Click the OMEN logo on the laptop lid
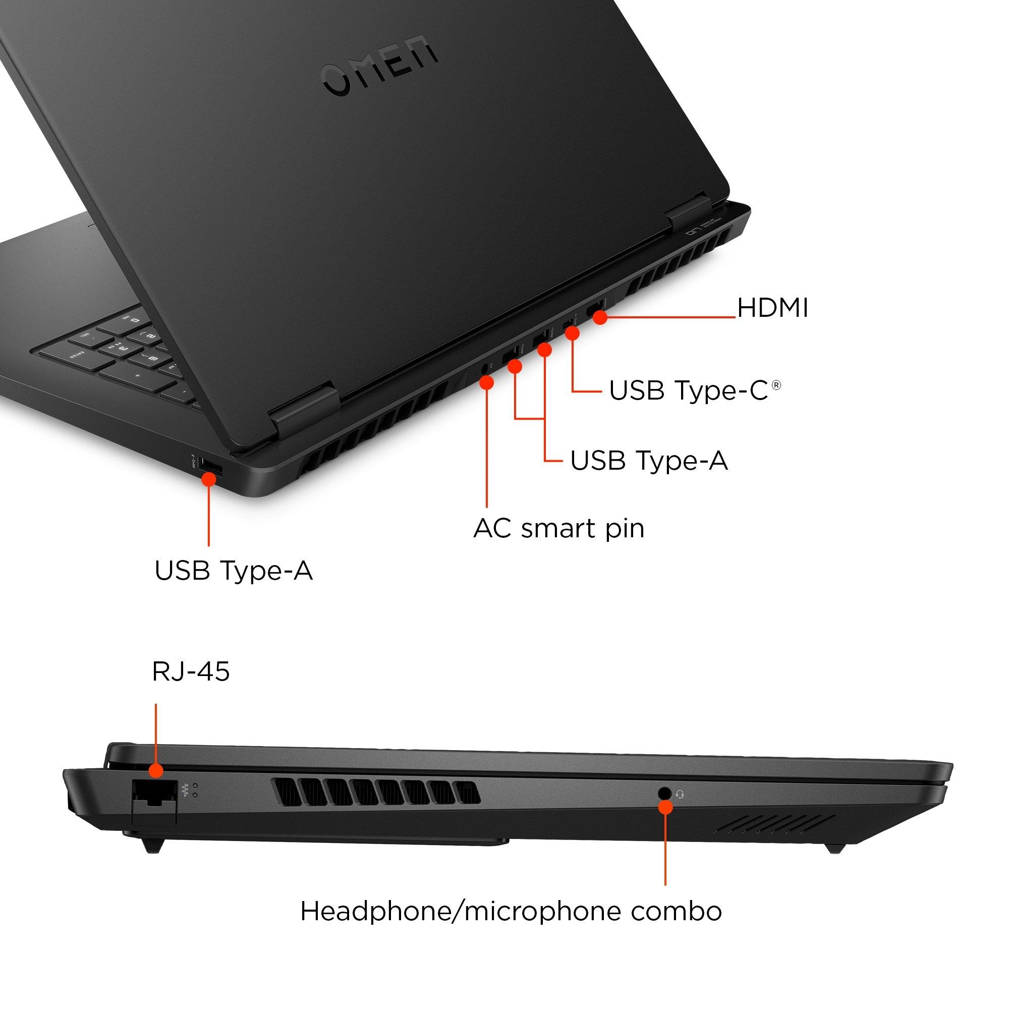point(380,68)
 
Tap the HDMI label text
point(772,308)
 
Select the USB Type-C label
point(688,390)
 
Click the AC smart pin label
point(559,529)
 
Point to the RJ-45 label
point(191,671)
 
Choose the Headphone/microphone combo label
point(511,911)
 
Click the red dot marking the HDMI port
point(600,317)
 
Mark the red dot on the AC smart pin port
point(487,383)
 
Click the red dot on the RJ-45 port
point(155,770)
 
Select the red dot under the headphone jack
point(665,807)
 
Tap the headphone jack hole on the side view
point(664,793)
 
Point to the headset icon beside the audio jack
point(680,795)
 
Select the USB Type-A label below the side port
point(234,570)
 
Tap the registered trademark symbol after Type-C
point(776,385)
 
